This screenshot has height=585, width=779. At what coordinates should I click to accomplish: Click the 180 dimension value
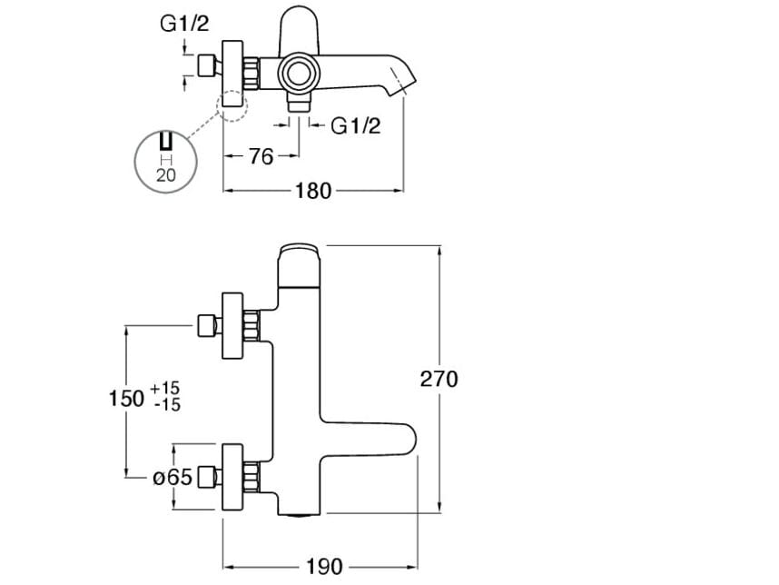coord(312,191)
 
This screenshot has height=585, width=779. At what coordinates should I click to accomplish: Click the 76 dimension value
coord(261,156)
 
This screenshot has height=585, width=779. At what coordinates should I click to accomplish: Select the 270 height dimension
coord(439,379)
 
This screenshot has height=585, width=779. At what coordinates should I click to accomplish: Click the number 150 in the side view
coord(126,397)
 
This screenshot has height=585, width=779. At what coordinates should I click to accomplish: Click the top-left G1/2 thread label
coord(184,25)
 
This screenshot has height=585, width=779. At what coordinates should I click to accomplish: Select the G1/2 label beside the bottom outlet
coord(355,125)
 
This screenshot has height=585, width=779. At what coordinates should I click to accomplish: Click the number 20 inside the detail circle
coord(166,175)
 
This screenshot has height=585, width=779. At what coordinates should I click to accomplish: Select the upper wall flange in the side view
coord(233,323)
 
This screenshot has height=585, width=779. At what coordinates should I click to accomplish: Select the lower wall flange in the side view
coord(233,475)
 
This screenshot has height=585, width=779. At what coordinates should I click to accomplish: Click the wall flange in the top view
coord(233,66)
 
